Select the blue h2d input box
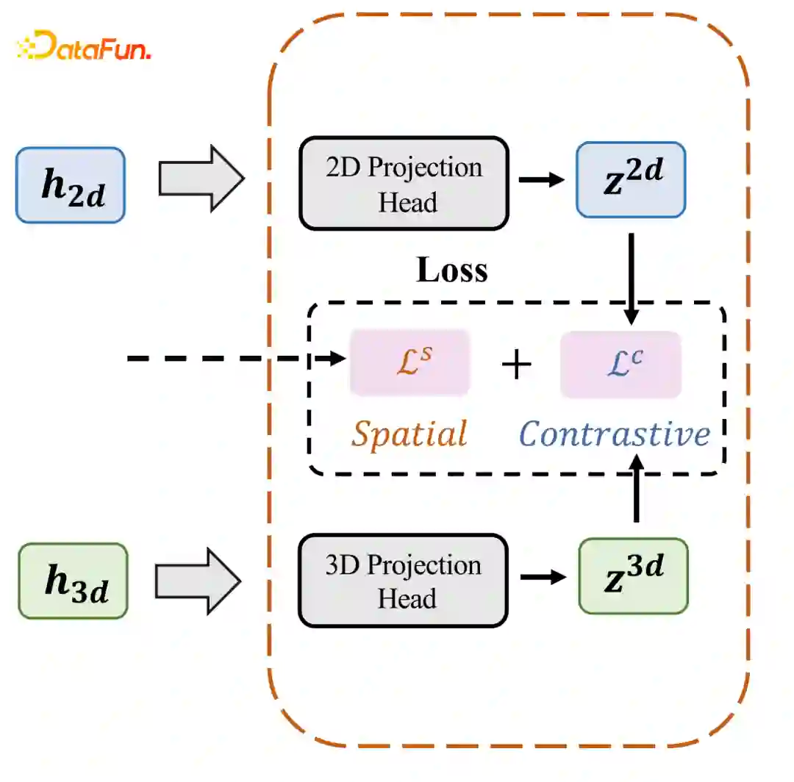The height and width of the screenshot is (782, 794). [x=71, y=184]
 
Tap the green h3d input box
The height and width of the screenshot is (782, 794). [x=73, y=581]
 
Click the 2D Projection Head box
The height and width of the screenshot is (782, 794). [x=404, y=184]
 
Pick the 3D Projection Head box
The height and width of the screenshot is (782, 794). [x=403, y=581]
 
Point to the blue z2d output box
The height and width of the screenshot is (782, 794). [x=631, y=180]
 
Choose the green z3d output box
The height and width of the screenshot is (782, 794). [x=633, y=575]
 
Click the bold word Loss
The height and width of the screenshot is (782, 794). [x=451, y=270]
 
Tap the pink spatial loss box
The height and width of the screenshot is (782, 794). [x=409, y=363]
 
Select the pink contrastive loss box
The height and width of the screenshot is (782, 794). [x=620, y=365]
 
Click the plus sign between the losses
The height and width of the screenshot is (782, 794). [x=516, y=365]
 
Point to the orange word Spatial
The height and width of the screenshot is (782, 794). [x=409, y=434]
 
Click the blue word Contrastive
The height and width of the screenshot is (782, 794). [x=615, y=434]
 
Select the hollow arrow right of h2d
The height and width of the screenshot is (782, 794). [x=201, y=179]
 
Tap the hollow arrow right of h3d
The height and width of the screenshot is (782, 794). [x=199, y=580]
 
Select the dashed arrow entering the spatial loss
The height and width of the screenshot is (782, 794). [x=235, y=359]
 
